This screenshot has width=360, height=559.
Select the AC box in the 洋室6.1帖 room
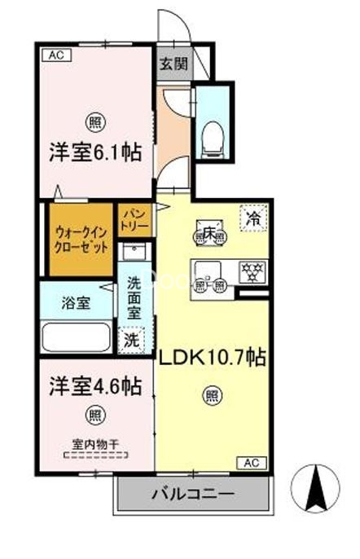click(x=55, y=55)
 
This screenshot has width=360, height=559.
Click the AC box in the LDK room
click(x=252, y=463)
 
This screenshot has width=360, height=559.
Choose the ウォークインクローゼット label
click(x=79, y=237)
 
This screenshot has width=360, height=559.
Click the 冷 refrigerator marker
click(x=254, y=218)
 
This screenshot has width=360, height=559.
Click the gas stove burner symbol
click(x=248, y=271)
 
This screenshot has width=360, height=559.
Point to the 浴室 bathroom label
click(x=77, y=304)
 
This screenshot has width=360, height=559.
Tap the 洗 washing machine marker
click(x=131, y=341)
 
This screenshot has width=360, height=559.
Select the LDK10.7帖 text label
click(x=215, y=358)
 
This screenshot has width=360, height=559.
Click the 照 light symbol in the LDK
click(x=211, y=398)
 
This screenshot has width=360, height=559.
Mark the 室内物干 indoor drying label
click(x=95, y=443)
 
